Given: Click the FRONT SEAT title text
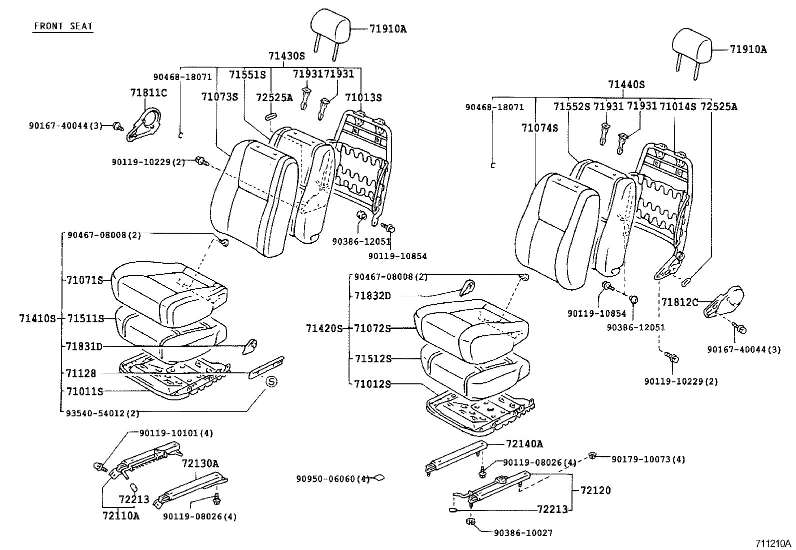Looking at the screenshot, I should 63,27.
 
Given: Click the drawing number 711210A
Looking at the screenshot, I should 773,543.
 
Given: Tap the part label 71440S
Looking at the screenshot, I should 626,85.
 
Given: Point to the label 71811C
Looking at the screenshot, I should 148,93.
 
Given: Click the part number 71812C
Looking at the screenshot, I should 679,302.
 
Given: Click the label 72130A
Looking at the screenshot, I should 200,463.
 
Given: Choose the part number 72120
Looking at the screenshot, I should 595,490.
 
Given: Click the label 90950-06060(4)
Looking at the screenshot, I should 332,479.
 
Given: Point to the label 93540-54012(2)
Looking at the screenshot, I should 102,413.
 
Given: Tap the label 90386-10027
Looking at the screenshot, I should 523,533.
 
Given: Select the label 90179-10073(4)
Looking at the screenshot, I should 648,459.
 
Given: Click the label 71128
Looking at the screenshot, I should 80,373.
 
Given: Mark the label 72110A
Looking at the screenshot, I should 120,515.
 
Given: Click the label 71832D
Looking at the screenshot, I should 372,296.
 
